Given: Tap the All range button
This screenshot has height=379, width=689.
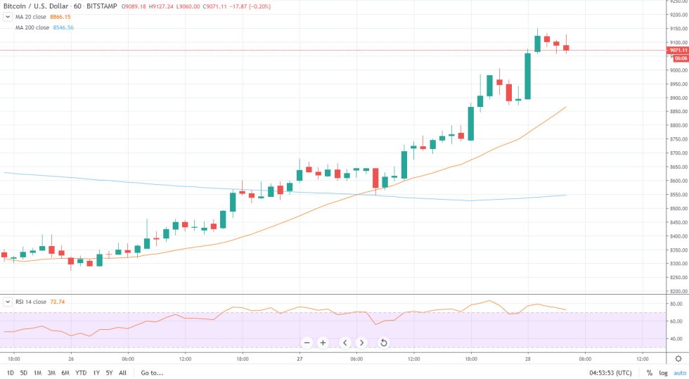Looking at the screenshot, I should point(122,373).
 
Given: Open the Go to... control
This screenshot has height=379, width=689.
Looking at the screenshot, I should point(151,373).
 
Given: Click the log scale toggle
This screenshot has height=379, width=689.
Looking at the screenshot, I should point(663,373).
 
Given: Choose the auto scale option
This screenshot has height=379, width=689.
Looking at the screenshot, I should point(679,373).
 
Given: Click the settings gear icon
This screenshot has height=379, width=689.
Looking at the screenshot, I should point(678,358).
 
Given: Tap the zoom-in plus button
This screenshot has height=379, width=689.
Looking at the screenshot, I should point(323,342).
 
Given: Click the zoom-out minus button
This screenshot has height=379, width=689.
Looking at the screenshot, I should point(307,342).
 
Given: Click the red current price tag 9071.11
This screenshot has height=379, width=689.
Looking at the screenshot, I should point(678,51).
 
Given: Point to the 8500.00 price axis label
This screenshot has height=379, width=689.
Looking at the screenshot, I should point(677,209).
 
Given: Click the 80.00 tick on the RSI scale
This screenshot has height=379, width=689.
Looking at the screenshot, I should point(676,304).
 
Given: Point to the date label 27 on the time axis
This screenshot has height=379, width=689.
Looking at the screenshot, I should point(300,358).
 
